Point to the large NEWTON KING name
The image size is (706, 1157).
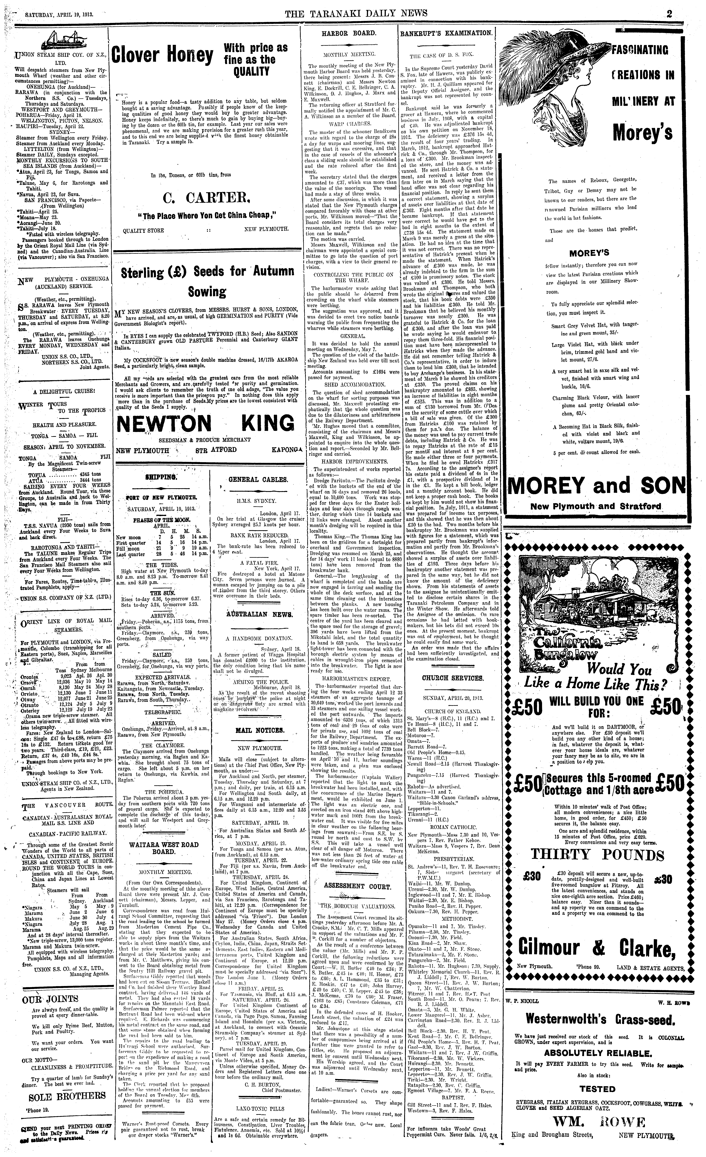coord(206,424)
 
